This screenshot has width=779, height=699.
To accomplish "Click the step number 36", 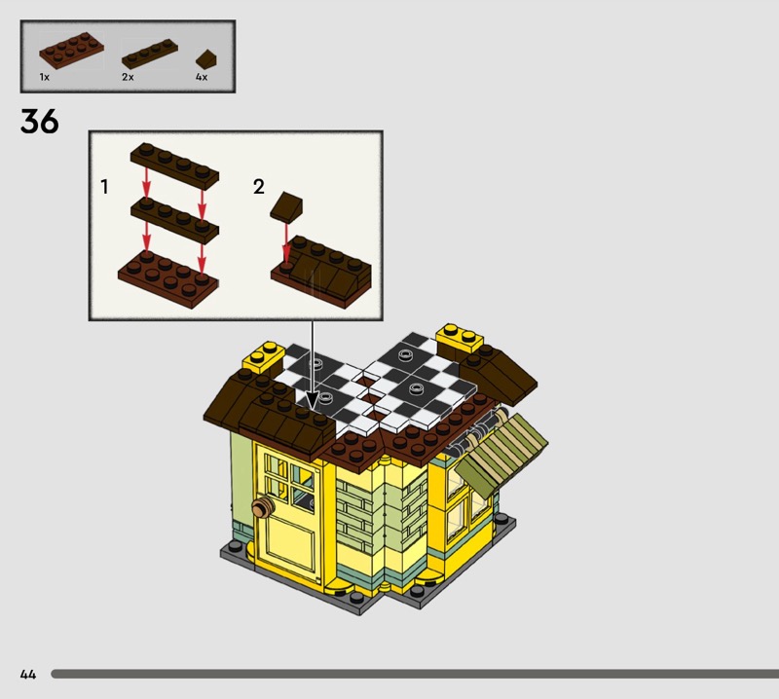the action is (40, 122).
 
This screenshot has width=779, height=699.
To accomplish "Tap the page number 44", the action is (28, 674).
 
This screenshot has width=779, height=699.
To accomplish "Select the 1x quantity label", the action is (44, 77).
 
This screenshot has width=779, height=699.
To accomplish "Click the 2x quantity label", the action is (128, 77).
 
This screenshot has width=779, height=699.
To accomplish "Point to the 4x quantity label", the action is (202, 77).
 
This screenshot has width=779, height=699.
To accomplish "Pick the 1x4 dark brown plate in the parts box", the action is (150, 55).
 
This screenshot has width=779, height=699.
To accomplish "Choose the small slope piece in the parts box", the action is (205, 59).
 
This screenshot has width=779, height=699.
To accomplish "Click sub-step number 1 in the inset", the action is (104, 187).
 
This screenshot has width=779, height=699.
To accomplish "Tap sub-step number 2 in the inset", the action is (258, 187).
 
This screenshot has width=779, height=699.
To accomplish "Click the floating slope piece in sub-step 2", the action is (286, 205).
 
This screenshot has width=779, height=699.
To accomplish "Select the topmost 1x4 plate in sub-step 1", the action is (174, 166).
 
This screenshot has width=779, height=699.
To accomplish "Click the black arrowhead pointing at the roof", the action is (312, 399).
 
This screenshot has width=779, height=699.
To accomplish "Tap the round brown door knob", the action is (263, 508).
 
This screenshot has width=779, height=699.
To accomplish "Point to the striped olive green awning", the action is (501, 454).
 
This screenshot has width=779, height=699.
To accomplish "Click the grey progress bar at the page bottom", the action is (415, 674).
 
